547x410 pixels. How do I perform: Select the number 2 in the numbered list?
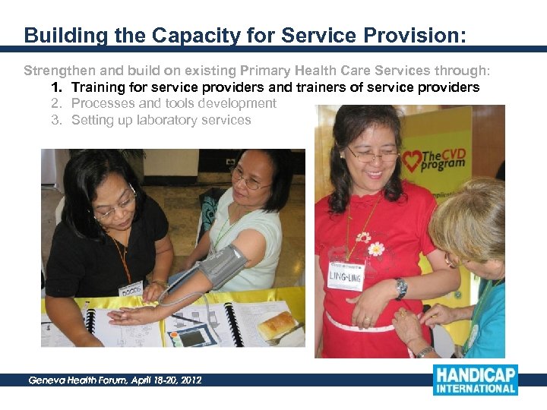pyautogui.click(x=55, y=103)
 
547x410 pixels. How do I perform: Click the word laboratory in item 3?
pyautogui.click(x=166, y=120)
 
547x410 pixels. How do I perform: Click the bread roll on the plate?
pyautogui.click(x=278, y=325)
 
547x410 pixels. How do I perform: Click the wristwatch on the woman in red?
pyautogui.click(x=400, y=288)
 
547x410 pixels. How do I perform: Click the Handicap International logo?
pyautogui.click(x=475, y=380)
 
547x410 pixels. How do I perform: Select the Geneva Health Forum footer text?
pyautogui.click(x=115, y=380)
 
